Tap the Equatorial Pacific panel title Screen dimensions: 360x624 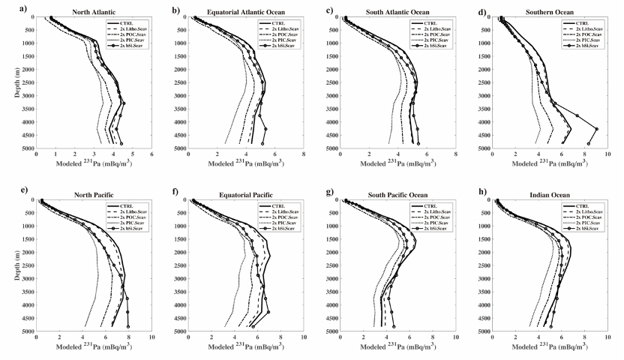(x=245, y=194)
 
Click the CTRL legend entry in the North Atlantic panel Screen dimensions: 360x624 (x=120, y=24)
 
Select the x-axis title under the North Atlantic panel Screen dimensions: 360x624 (x=93, y=163)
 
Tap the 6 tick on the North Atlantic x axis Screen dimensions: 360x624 (x=151, y=154)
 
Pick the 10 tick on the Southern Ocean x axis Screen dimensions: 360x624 (x=607, y=154)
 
